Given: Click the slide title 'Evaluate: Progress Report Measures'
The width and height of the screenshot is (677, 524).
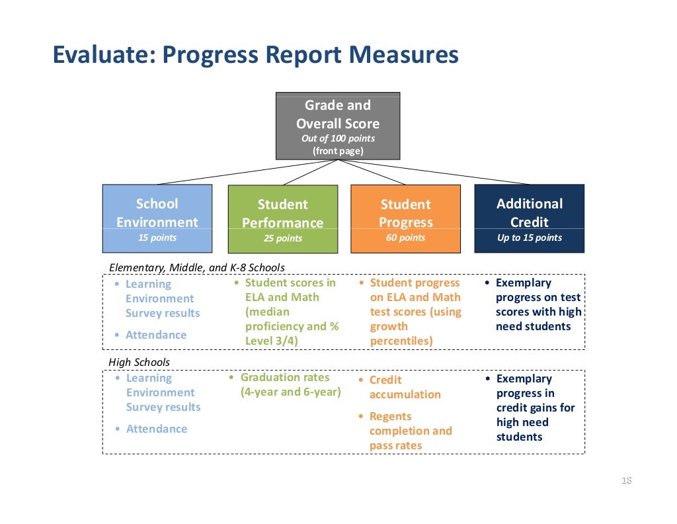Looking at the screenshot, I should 255,55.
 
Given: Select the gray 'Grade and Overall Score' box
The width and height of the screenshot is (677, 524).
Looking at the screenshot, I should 338,126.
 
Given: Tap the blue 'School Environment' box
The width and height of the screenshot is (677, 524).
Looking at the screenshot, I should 157,218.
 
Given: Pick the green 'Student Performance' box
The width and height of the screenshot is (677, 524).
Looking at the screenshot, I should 282,219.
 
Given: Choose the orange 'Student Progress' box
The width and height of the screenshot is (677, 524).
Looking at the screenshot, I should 405,218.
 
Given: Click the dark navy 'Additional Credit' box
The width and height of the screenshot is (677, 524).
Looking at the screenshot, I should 529,218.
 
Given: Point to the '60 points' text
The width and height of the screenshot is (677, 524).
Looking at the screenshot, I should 405,238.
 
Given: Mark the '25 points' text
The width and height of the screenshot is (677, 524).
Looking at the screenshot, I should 282,238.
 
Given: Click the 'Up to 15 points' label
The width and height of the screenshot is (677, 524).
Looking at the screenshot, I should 529,238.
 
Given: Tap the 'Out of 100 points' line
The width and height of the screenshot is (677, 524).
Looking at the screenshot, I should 338,138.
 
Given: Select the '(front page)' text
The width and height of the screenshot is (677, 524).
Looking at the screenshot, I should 338,151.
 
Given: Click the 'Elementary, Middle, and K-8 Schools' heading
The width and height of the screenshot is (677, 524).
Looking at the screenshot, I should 196,267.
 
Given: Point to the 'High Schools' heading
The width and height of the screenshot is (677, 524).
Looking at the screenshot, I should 139,362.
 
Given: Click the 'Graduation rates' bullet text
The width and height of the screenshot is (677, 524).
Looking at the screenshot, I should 284,377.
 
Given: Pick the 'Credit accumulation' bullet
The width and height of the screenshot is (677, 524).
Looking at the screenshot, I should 405,387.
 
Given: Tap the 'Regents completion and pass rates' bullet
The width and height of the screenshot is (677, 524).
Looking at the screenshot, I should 410,431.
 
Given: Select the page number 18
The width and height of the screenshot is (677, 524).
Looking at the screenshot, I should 626,480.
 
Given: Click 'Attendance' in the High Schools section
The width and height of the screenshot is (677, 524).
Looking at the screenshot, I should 157,429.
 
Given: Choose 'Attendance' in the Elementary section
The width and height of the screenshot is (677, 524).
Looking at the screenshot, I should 156,335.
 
